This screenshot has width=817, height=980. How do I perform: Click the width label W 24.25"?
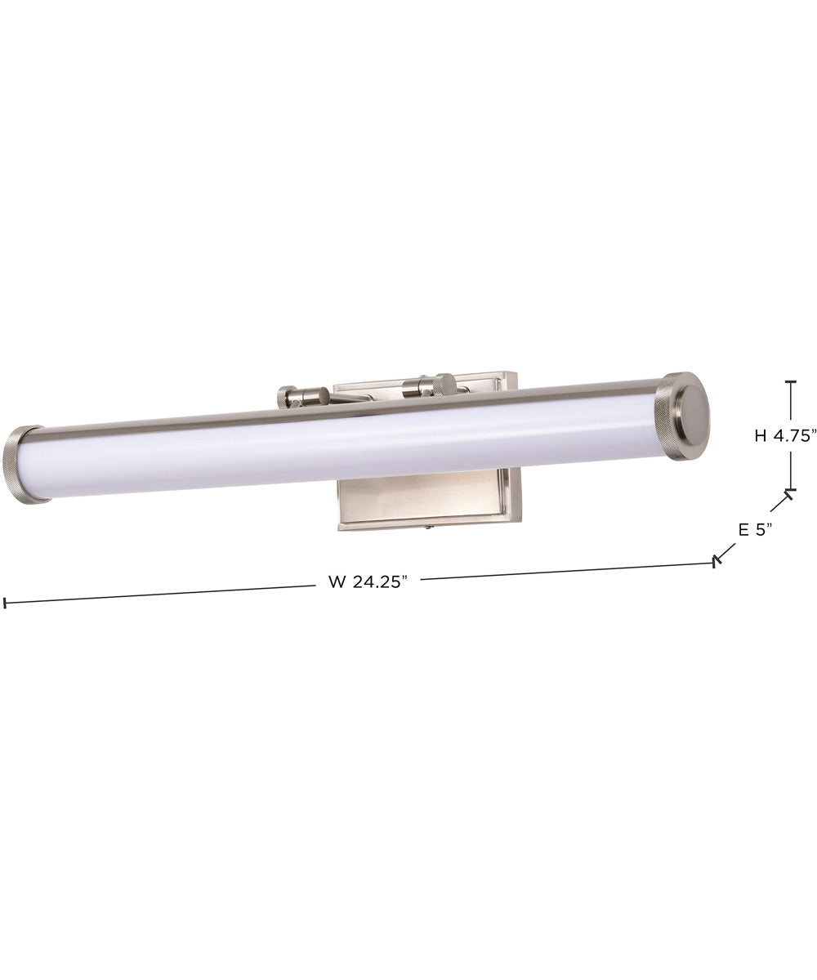(x=367, y=581)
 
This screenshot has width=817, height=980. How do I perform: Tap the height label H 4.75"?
(x=785, y=436)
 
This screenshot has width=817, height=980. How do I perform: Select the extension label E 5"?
(x=755, y=529)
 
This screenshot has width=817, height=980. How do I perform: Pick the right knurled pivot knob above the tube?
(x=444, y=384)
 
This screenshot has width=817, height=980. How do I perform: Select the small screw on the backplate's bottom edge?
(x=429, y=528)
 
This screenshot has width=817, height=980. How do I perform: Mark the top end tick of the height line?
(x=790, y=381)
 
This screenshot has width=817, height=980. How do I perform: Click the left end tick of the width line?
(x=5, y=604)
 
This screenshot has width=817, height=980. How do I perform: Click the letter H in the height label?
(x=761, y=436)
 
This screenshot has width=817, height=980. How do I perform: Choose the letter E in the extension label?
(x=743, y=529)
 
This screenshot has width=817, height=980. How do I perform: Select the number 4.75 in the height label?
(x=795, y=436)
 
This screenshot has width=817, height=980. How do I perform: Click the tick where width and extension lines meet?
(x=717, y=561)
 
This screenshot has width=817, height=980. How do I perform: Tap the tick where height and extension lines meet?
(x=789, y=492)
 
